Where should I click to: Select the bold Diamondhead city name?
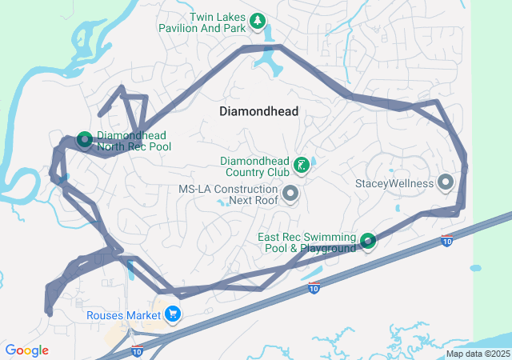pos(258,112)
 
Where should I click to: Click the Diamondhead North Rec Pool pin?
pos(85,140)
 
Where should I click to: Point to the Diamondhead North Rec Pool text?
pos(134,141)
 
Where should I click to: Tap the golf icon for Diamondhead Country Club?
pos(301,166)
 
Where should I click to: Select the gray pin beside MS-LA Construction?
pos(290,193)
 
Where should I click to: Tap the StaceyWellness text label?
pos(394,183)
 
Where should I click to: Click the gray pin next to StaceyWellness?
pos(446,183)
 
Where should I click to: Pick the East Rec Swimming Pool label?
pos(306,242)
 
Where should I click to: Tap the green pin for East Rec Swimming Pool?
pos(368,240)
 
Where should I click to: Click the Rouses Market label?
pos(124,315)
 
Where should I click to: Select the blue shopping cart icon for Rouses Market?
pos(172,314)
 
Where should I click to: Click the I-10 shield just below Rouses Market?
pos(137,350)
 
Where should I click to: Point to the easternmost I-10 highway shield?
pos(446,240)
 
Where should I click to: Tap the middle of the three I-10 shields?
pos(314,287)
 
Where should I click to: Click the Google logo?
pos(26,350)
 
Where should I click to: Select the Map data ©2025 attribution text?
pos(477,354)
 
